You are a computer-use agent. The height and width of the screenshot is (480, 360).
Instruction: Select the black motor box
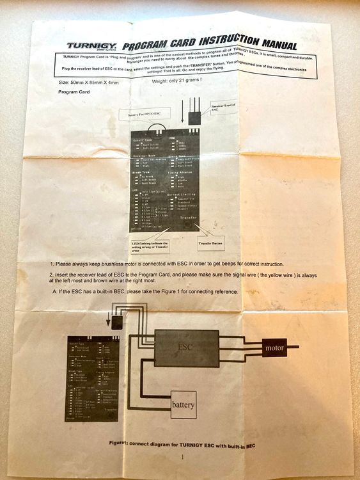[x=276, y=348]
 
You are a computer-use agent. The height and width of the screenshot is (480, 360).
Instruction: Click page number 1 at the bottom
[x=182, y=457]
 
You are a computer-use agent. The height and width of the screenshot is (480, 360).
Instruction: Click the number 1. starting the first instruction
[x=51, y=264]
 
